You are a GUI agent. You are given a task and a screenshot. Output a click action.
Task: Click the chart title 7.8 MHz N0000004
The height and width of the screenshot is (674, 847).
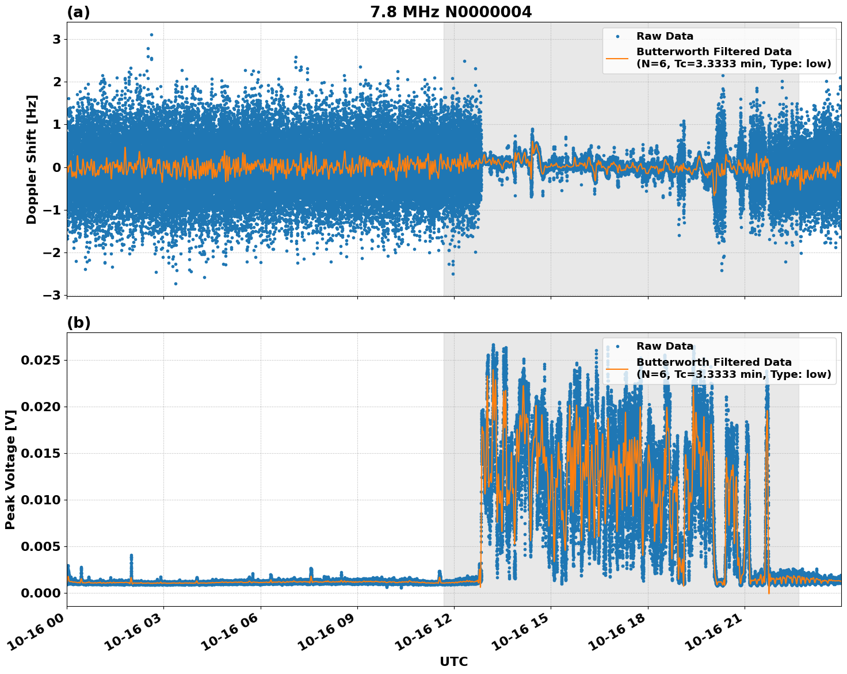451,12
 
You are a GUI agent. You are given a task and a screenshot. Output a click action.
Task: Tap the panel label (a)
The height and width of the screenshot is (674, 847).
78,12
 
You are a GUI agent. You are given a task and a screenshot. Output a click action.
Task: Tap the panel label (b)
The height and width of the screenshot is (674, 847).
79,323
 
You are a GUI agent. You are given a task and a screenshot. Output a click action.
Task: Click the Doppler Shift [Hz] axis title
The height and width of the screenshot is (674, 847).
32,159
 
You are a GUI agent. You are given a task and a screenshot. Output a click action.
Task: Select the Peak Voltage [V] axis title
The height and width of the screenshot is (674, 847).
10,469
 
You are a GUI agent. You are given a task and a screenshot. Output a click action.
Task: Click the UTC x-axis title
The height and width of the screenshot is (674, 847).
453,661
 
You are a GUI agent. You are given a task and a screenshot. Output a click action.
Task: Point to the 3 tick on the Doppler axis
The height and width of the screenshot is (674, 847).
57,39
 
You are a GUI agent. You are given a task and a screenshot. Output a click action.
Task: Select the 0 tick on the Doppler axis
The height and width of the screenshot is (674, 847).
57,167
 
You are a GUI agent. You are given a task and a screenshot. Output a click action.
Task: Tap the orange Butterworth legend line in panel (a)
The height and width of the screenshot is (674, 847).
617,58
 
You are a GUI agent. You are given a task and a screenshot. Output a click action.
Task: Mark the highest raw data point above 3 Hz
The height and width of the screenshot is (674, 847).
151,35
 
